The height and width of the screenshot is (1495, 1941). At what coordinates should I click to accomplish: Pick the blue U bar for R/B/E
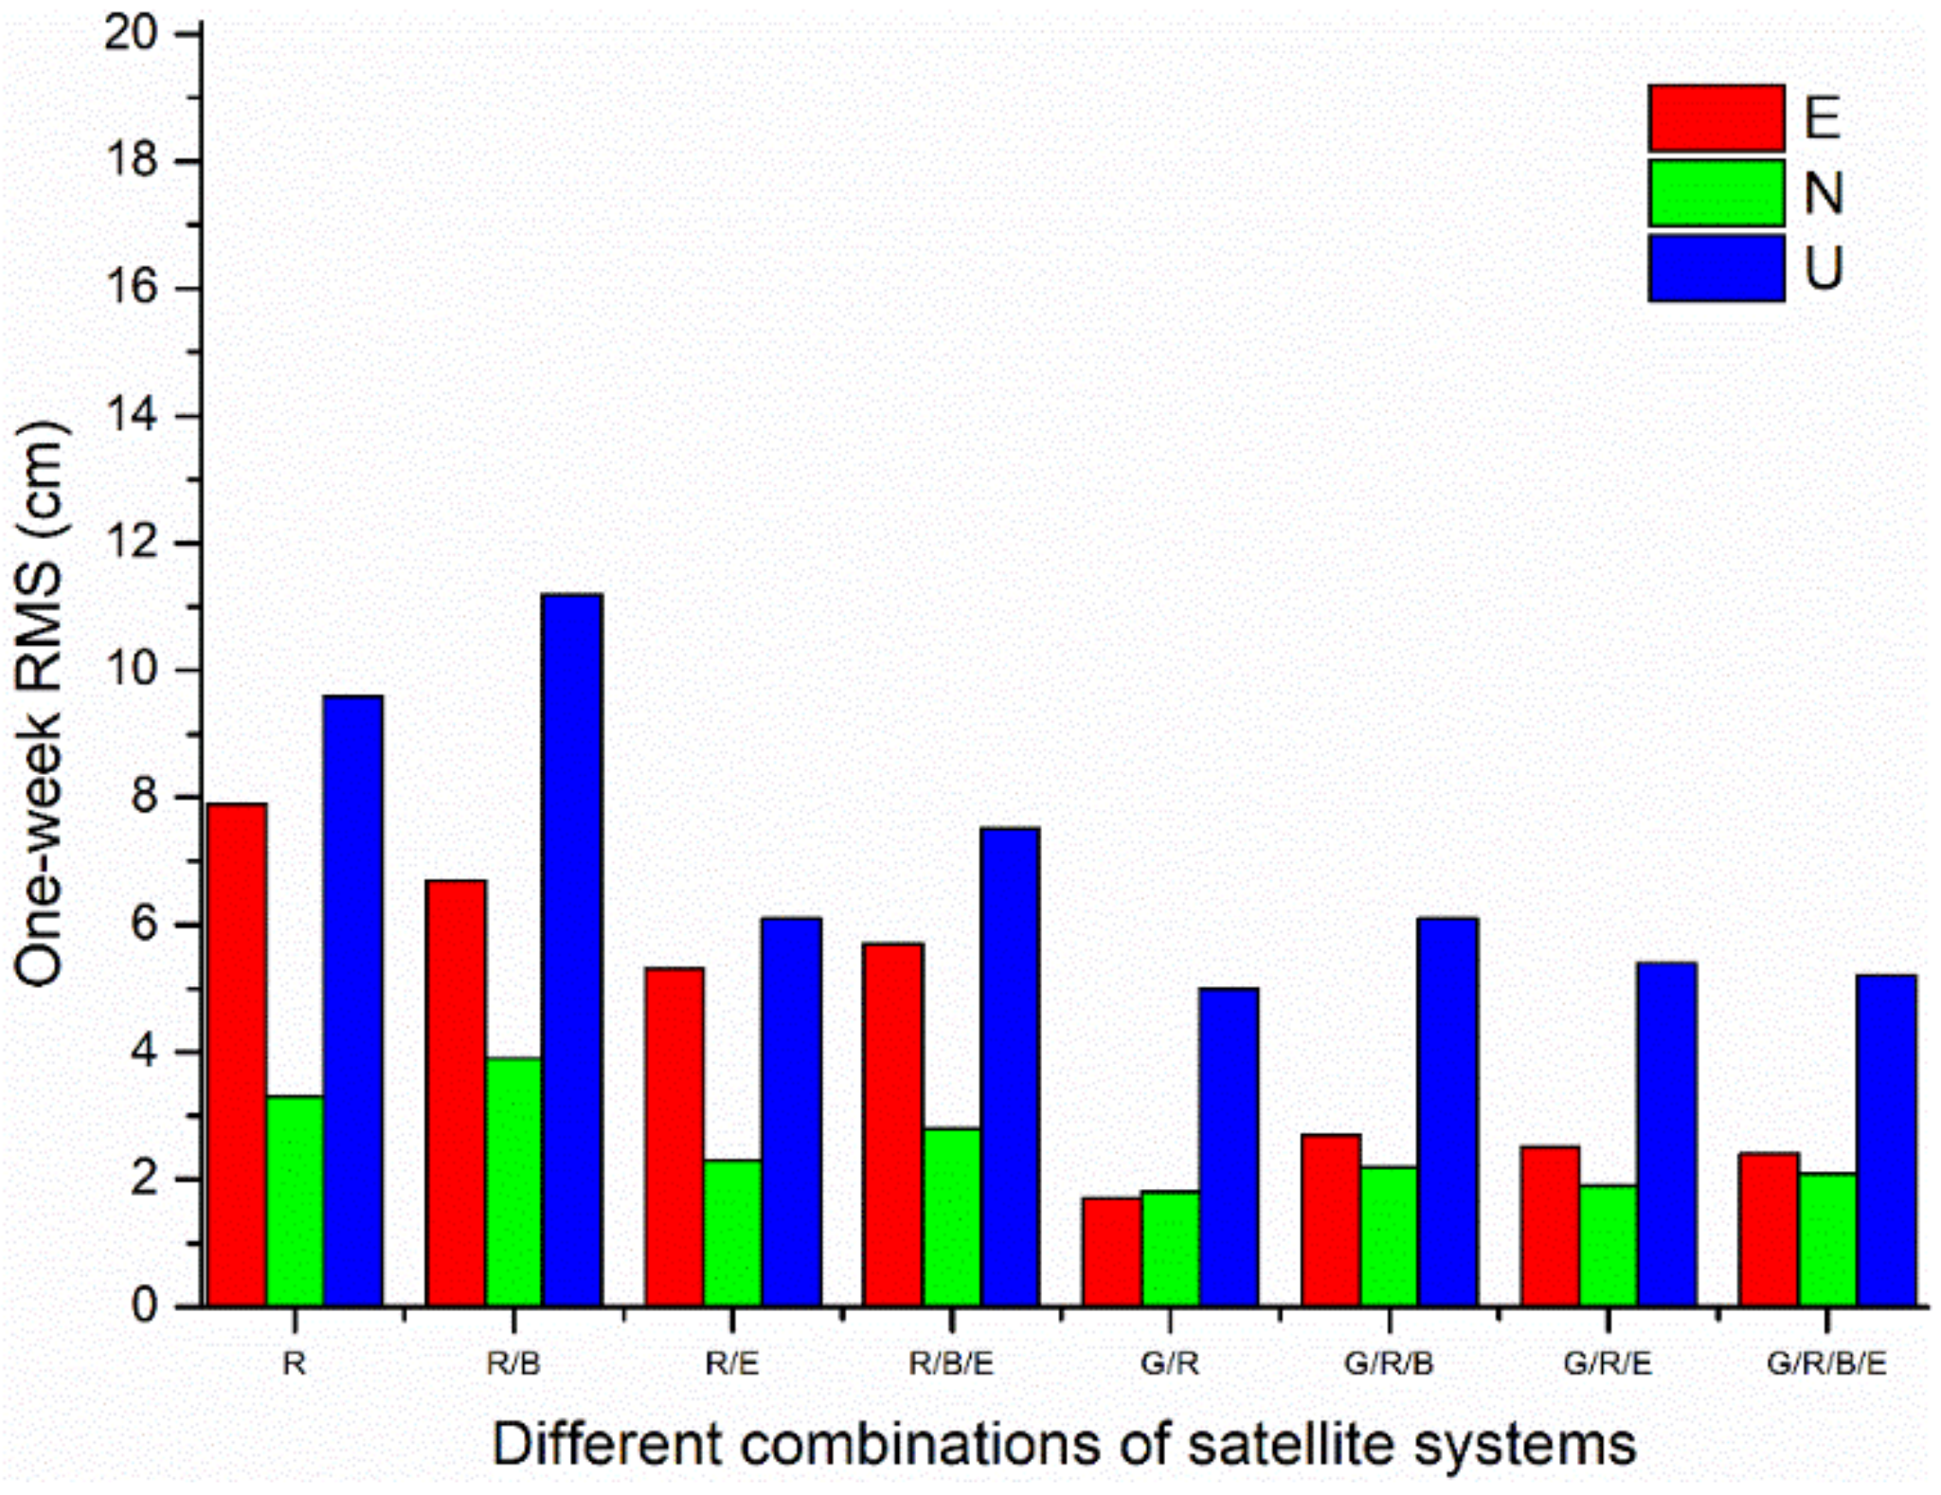(1010, 1067)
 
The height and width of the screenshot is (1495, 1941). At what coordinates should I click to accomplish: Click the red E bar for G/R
(1112, 1252)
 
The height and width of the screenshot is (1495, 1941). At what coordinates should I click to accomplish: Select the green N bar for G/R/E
(1609, 1245)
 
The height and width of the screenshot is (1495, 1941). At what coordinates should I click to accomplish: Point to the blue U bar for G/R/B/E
(1885, 1141)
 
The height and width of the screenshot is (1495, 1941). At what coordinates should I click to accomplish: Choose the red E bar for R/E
(674, 1137)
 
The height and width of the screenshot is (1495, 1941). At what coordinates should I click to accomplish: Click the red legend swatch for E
(1716, 117)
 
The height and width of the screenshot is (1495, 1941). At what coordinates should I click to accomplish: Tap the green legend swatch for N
(1716, 193)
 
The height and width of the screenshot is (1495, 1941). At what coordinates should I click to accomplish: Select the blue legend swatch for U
(1716, 268)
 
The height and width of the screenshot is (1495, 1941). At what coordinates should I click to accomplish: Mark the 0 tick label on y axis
(145, 1306)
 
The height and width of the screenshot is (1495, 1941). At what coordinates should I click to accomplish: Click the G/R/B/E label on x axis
(1825, 1364)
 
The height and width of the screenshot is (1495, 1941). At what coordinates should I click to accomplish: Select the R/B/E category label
(951, 1364)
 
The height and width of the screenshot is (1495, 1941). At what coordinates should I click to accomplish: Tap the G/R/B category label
(1389, 1364)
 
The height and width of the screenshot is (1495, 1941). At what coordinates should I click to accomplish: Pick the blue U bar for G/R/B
(1447, 1112)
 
